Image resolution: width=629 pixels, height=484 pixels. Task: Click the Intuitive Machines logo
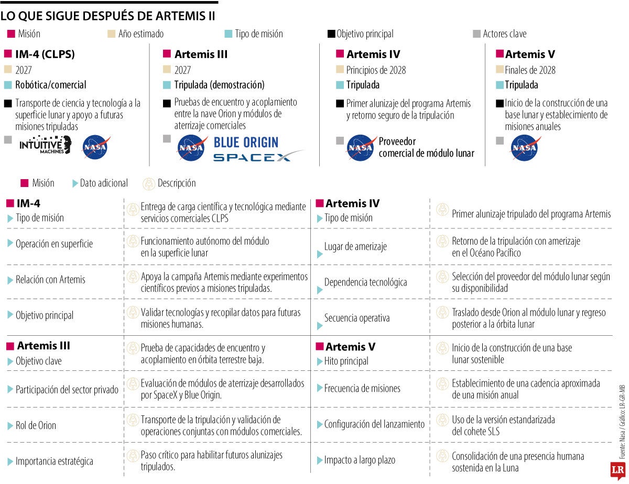click(x=45, y=145)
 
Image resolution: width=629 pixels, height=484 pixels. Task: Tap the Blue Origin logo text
click(x=246, y=142)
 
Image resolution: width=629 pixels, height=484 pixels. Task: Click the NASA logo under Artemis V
click(x=524, y=148)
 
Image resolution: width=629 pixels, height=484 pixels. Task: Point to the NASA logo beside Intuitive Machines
click(x=96, y=148)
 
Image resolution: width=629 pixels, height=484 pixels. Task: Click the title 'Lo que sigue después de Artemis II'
click(x=108, y=16)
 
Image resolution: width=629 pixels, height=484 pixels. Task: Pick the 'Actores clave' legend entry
click(x=504, y=34)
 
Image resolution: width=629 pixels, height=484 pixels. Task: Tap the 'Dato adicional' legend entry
click(x=103, y=183)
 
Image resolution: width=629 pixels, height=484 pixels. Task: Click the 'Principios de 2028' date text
click(x=376, y=70)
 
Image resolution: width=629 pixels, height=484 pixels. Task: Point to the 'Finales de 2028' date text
click(x=530, y=70)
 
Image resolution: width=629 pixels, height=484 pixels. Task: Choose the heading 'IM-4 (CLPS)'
click(x=45, y=54)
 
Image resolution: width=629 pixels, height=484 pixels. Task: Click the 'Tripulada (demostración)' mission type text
click(x=220, y=85)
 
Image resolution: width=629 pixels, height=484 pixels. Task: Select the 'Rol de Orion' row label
click(x=36, y=425)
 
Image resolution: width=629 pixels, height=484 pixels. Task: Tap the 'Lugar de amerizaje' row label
click(x=355, y=247)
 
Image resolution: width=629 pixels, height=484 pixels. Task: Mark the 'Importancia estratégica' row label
click(x=55, y=461)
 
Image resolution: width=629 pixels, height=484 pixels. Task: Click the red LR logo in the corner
click(x=617, y=470)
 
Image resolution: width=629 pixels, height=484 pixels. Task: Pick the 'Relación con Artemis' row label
click(x=50, y=280)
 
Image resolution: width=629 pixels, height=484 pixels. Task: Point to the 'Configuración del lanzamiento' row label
click(x=374, y=424)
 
